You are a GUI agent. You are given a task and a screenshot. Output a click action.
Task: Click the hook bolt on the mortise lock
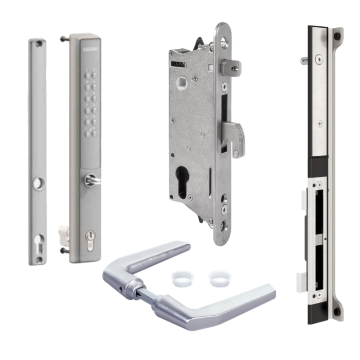pyautogui.click(x=238, y=135)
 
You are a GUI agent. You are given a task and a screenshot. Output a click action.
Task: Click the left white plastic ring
pyautogui.click(x=177, y=278)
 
